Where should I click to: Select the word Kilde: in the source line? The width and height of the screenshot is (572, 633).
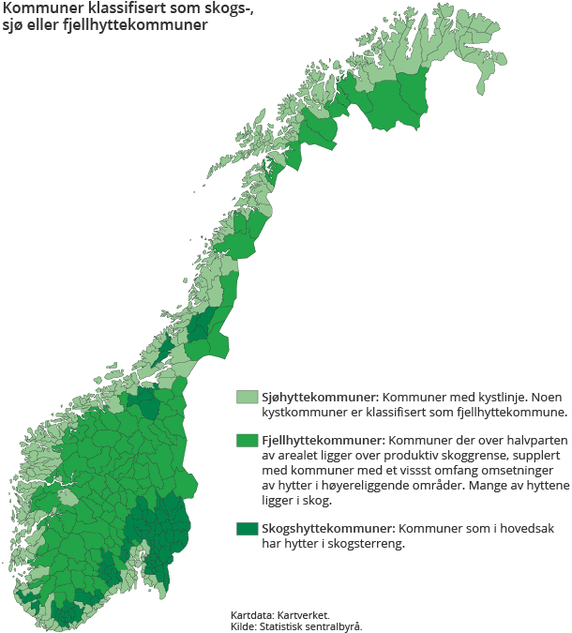point(245,625)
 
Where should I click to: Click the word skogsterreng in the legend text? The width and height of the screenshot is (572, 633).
point(367,544)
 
